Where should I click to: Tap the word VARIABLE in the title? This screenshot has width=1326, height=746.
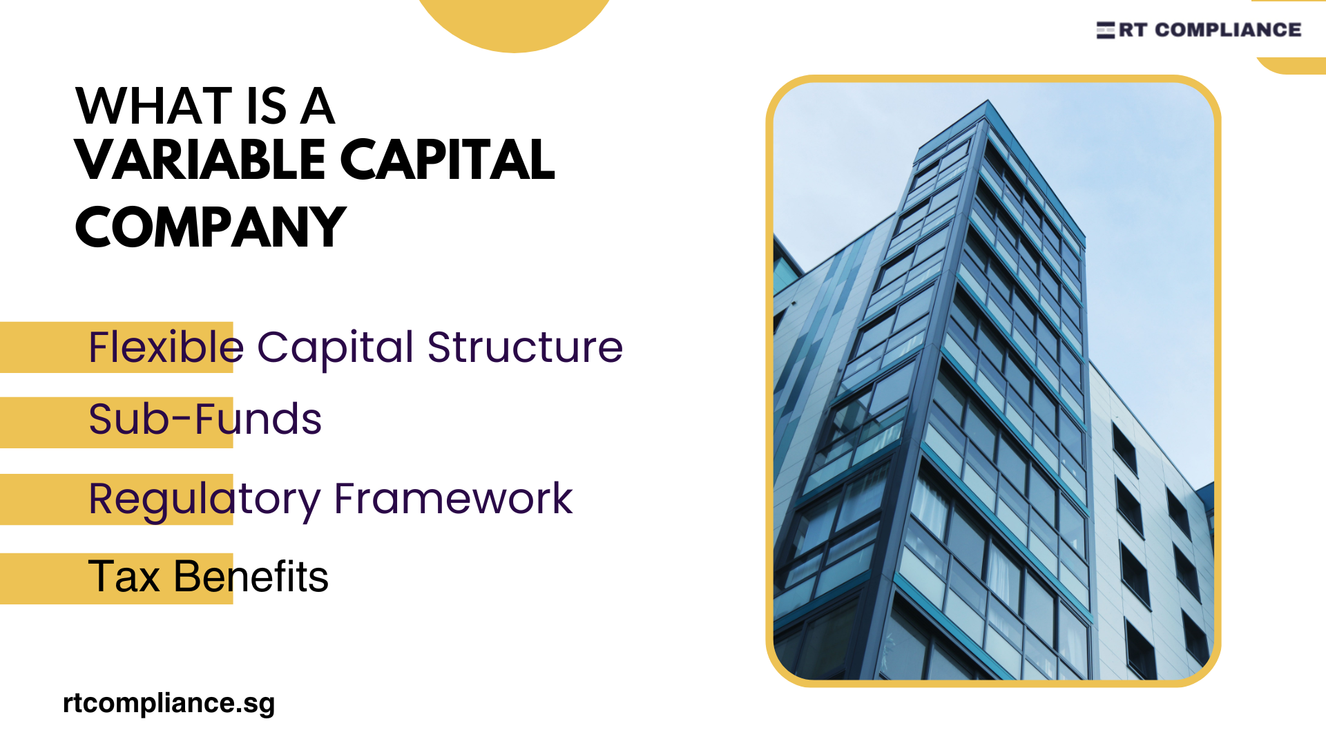click(x=200, y=160)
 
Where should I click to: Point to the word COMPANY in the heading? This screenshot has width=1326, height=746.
click(x=210, y=227)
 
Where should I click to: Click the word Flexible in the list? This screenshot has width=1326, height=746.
click(x=166, y=347)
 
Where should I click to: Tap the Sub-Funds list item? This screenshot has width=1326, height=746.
click(x=205, y=419)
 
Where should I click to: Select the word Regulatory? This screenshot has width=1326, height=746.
click(x=204, y=499)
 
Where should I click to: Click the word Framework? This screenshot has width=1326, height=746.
click(x=453, y=498)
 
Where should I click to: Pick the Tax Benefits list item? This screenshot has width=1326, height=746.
click(x=208, y=577)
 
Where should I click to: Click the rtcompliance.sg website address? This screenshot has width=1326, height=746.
click(x=169, y=703)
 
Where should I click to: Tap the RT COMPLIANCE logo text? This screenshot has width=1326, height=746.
click(x=1210, y=30)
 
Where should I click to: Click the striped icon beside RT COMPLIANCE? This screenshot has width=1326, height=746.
click(x=1105, y=30)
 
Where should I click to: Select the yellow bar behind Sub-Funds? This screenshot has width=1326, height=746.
click(x=41, y=423)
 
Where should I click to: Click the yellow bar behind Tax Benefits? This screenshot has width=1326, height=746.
click(x=41, y=579)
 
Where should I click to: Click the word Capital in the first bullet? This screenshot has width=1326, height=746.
click(x=335, y=347)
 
